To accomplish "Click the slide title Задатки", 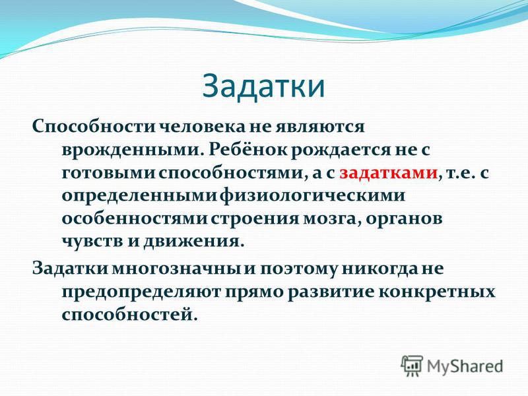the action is (263, 87).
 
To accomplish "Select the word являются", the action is (320, 127).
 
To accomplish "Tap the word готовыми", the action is (108, 173).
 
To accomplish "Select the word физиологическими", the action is (313, 196).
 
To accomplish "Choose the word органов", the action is (404, 220).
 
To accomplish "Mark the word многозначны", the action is (177, 269).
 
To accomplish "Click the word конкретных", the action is (437, 292).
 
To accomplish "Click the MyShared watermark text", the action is (465, 366).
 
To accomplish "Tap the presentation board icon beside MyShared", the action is (411, 366).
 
